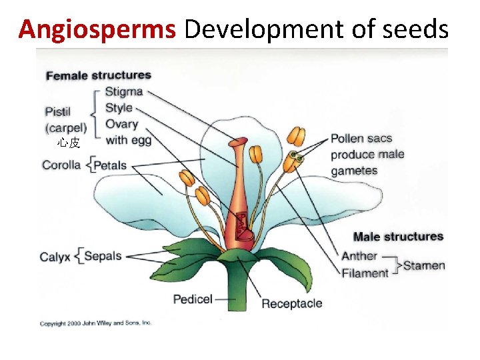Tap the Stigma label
point(125,92)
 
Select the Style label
point(119,108)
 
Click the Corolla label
point(61,165)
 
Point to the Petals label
point(111,165)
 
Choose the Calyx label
point(55,257)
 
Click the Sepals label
point(103,256)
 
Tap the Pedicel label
point(193,299)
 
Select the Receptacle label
point(291,304)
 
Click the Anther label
point(359,255)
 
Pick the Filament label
point(365,273)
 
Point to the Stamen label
point(424,265)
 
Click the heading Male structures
point(398,237)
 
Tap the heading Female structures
point(98,76)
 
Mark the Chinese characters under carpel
point(69,143)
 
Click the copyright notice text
point(96,323)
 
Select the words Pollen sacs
point(361,139)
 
